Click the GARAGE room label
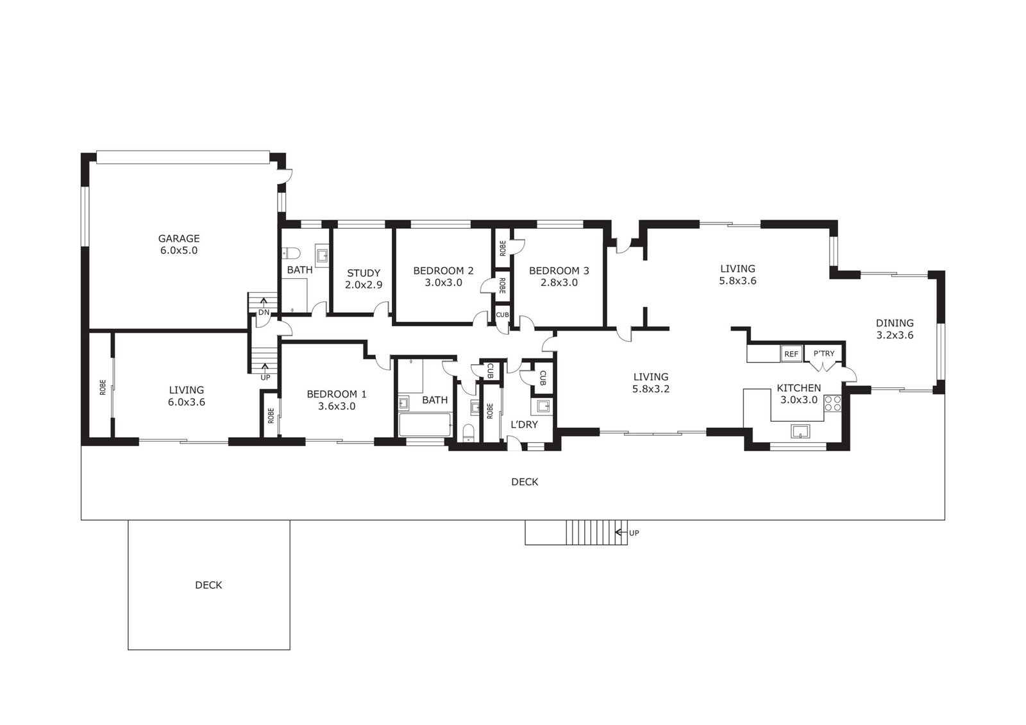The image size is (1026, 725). point(179,238)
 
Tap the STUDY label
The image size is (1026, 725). point(364,274)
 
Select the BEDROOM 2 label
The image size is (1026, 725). point(443,271)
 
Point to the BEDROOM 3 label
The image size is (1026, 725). point(559,271)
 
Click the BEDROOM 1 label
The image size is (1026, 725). point(337,394)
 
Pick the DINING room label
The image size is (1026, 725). point(895,323)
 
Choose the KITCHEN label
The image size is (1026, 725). point(799,388)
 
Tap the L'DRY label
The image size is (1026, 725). point(524,424)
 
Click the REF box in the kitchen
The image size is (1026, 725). point(791,354)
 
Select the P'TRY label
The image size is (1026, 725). point(824,354)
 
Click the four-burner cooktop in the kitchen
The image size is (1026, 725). point(833,403)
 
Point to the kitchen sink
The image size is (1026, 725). point(800,431)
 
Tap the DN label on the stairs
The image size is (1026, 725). point(264,313)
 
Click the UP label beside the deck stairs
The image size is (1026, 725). point(634,533)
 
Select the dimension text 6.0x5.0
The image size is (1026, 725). point(179,251)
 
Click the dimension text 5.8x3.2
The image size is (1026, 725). point(651,389)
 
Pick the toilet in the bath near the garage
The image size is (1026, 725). point(290,253)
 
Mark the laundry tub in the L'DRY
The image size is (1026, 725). point(544,406)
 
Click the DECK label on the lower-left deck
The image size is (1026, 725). point(208,585)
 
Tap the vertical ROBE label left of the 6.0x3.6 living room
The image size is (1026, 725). point(103,387)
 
